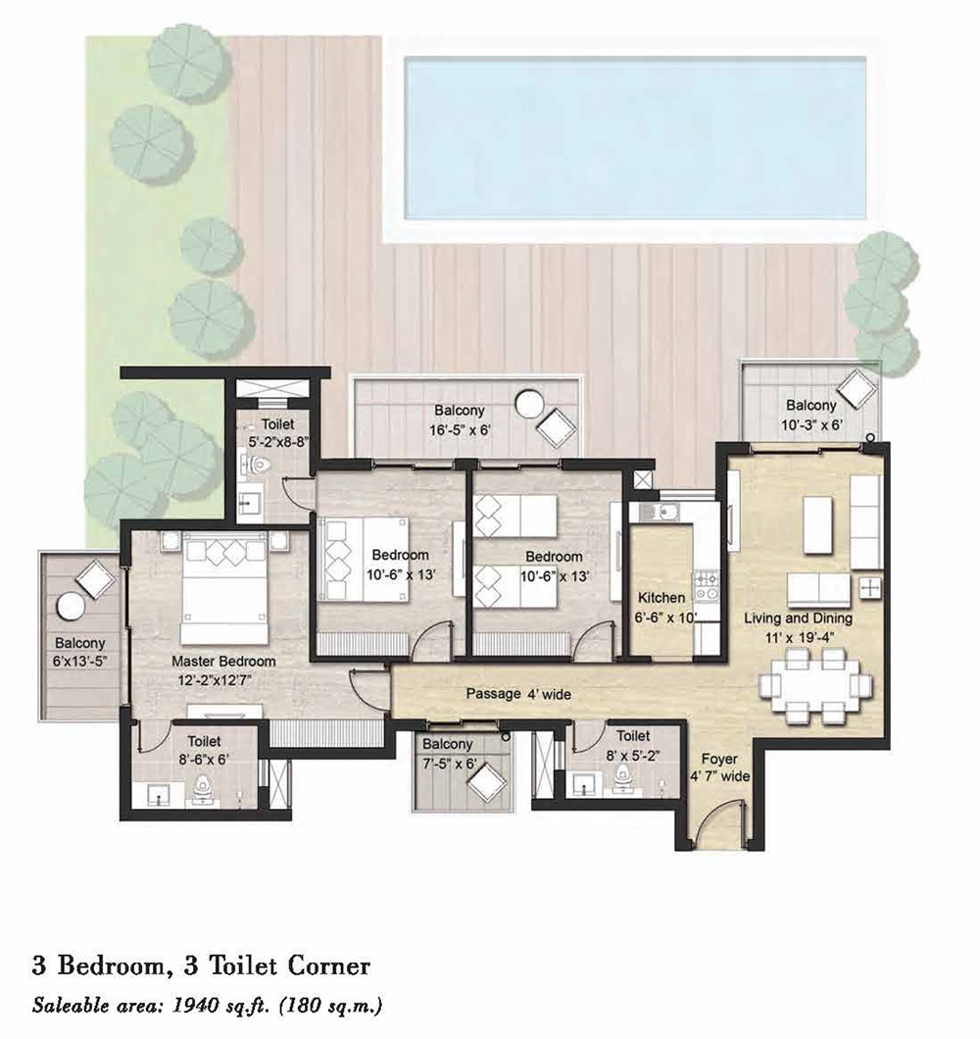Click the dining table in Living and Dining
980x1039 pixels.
815,683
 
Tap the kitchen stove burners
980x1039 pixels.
706,585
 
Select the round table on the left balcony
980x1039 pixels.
70,608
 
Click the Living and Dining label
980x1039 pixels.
798,618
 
